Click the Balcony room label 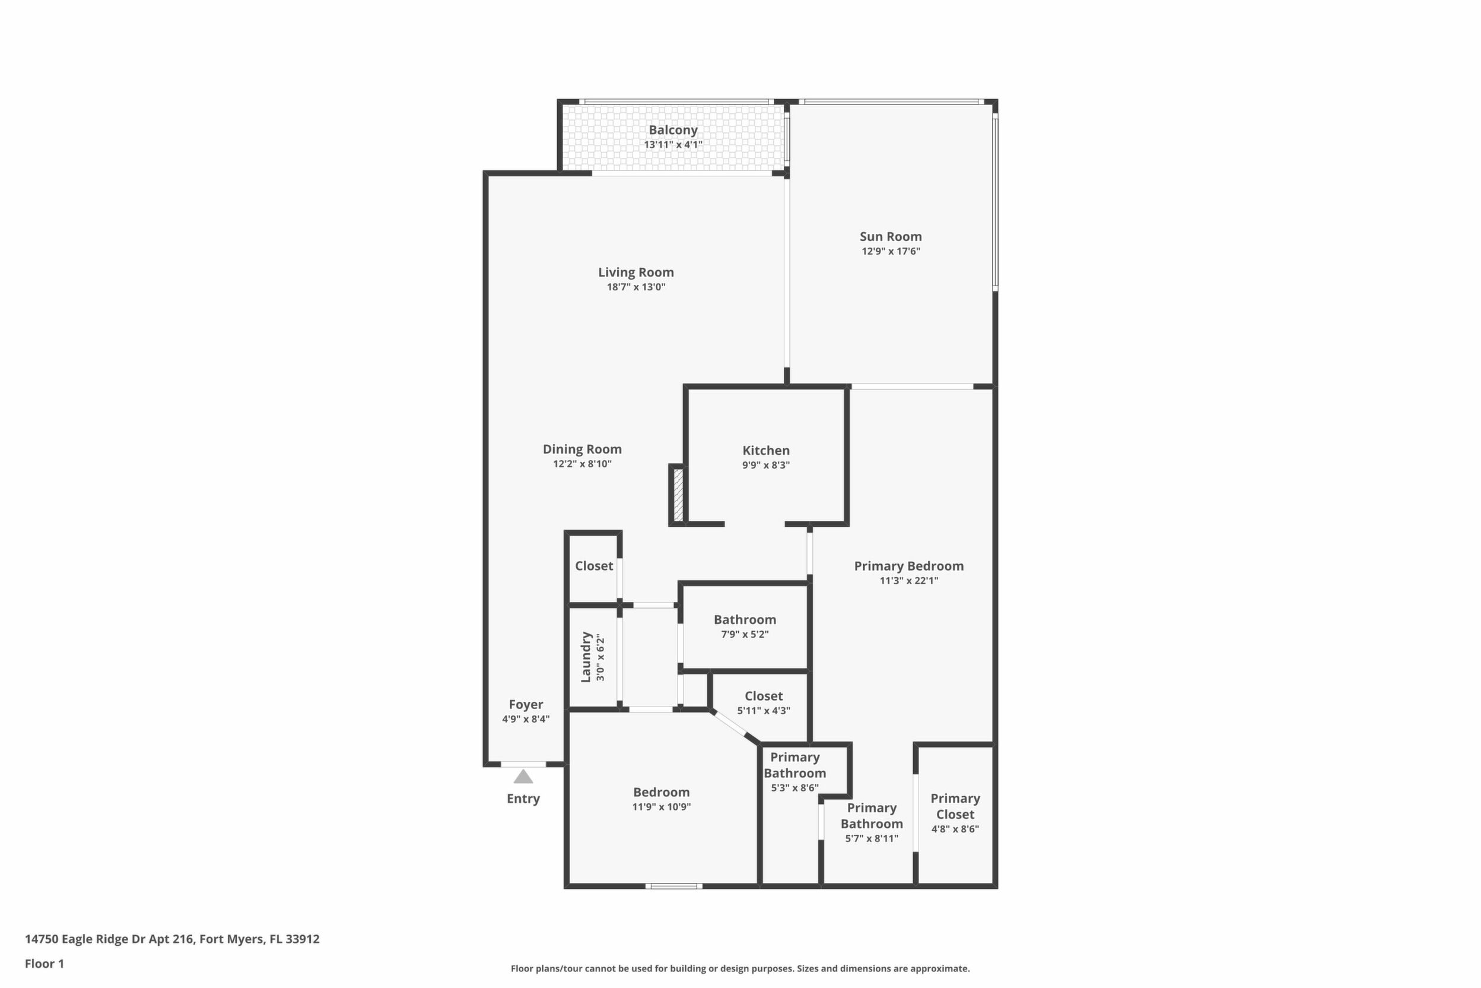pyautogui.click(x=673, y=130)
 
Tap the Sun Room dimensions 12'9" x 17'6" pyautogui.click(x=891, y=251)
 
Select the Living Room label pyautogui.click(x=636, y=272)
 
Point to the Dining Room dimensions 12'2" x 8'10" pyautogui.click(x=583, y=464)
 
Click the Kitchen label pyautogui.click(x=765, y=451)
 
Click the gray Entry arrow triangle pyautogui.click(x=523, y=776)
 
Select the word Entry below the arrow pyautogui.click(x=523, y=799)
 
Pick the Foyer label pyautogui.click(x=526, y=704)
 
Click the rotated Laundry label pyautogui.click(x=586, y=657)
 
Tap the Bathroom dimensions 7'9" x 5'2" pyautogui.click(x=745, y=635)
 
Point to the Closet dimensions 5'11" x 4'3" pyautogui.click(x=764, y=711)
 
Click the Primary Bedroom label pyautogui.click(x=908, y=566)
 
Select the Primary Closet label pyautogui.click(x=955, y=806)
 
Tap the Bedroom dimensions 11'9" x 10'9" pyautogui.click(x=662, y=807)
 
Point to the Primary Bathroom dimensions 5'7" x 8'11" pyautogui.click(x=872, y=838)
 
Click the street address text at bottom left pyautogui.click(x=172, y=939)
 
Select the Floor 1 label pyautogui.click(x=44, y=964)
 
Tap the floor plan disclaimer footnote pyautogui.click(x=740, y=968)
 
